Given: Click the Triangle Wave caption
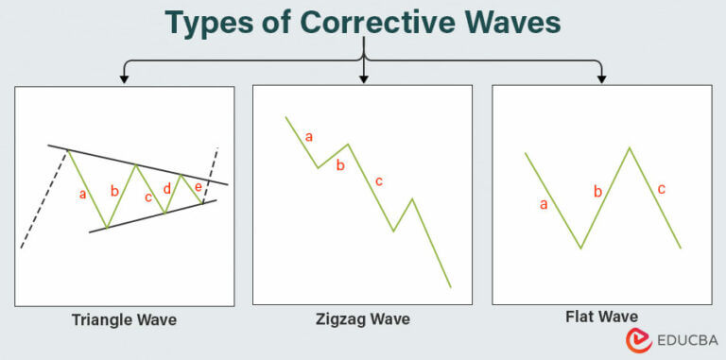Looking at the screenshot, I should pyautogui.click(x=124, y=319).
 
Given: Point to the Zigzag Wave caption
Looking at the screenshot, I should pyautogui.click(x=363, y=319).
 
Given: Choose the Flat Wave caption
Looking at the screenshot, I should pyautogui.click(x=601, y=317).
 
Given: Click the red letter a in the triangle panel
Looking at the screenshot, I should pyautogui.click(x=83, y=195).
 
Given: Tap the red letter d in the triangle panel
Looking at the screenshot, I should pyautogui.click(x=167, y=188).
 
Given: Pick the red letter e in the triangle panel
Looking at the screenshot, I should pyautogui.click(x=198, y=186).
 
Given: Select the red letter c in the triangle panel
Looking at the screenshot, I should pyautogui.click(x=147, y=197).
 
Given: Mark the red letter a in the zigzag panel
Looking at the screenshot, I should pyautogui.click(x=308, y=136).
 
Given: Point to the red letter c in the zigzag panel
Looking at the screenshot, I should pyautogui.click(x=379, y=180).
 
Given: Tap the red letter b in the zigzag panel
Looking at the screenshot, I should pyautogui.click(x=341, y=166).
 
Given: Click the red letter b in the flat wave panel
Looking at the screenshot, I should pyautogui.click(x=597, y=192).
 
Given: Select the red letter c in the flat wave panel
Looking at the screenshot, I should pyautogui.click(x=661, y=189).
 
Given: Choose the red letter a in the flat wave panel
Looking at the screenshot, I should pyautogui.click(x=543, y=204).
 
